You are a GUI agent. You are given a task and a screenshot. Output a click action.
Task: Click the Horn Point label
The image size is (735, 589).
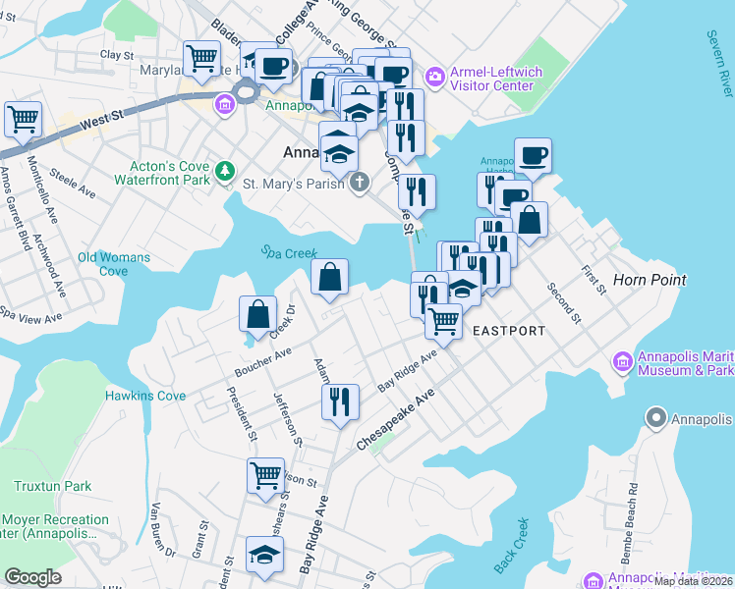(x=649, y=280)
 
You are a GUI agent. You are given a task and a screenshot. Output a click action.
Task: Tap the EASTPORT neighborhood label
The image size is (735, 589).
(x=509, y=331)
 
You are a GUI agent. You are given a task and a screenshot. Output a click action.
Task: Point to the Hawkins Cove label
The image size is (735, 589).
(x=145, y=396)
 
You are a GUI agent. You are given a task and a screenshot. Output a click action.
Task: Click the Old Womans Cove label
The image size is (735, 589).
(x=114, y=264)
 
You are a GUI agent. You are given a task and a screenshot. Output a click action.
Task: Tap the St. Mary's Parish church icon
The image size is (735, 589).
(x=360, y=182)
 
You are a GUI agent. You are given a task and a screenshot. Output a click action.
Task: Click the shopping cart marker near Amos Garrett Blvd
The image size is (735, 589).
(x=23, y=120)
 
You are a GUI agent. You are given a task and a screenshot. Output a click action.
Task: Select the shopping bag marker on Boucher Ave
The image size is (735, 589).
(x=257, y=315)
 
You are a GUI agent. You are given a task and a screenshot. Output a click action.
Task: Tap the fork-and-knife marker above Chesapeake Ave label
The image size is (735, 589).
(x=340, y=402)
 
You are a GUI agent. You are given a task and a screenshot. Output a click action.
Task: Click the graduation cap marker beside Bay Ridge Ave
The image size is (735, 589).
(x=263, y=556)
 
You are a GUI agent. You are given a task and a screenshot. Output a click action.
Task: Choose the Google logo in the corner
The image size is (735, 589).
(x=32, y=577)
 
